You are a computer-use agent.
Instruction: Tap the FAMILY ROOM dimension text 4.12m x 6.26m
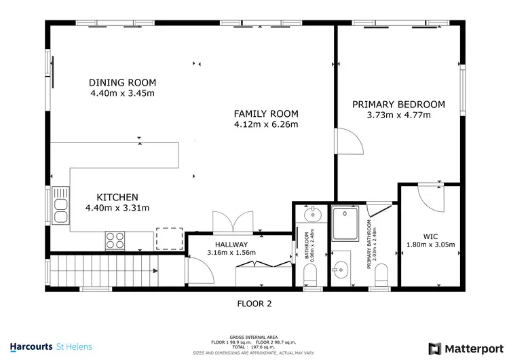[x=266, y=124]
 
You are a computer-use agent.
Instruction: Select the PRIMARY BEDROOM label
[x=398, y=104]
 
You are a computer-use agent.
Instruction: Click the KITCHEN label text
[x=117, y=197]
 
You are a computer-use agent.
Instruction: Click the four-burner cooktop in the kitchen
[x=114, y=240]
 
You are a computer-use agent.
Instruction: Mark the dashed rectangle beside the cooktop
[x=169, y=239]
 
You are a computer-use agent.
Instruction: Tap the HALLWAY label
[x=227, y=245]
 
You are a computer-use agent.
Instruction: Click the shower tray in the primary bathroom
[x=349, y=223]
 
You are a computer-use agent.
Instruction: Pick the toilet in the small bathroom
[x=312, y=275]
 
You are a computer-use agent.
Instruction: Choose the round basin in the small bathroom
[x=313, y=217]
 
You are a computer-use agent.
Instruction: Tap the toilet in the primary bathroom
[x=382, y=274]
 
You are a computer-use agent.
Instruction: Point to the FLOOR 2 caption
[x=254, y=304]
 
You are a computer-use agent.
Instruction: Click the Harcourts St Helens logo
[x=51, y=346]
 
